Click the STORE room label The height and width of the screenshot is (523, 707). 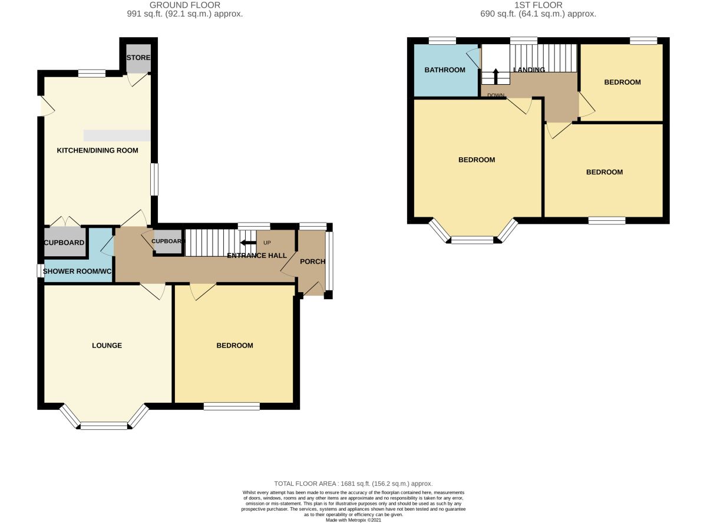pos(138,58)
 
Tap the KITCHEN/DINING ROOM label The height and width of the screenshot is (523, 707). pos(97,151)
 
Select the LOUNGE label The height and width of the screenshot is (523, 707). pos(107,346)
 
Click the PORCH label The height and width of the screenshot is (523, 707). pos(312,261)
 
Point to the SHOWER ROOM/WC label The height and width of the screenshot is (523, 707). pos(79,272)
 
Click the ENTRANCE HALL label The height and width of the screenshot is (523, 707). pos(257,256)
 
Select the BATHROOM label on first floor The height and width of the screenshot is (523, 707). pos(445,70)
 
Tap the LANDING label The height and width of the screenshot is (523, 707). pos(528,70)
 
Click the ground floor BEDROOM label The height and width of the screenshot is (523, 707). pos(234,346)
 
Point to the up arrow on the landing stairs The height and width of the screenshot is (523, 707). pos(495,75)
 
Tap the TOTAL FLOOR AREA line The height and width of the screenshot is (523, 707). pos(354,483)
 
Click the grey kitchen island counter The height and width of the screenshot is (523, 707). pos(117,135)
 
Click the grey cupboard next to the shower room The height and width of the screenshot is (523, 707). pos(65,243)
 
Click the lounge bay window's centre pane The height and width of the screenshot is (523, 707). pos(104,425)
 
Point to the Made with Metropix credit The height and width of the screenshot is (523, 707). pos(354,520)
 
